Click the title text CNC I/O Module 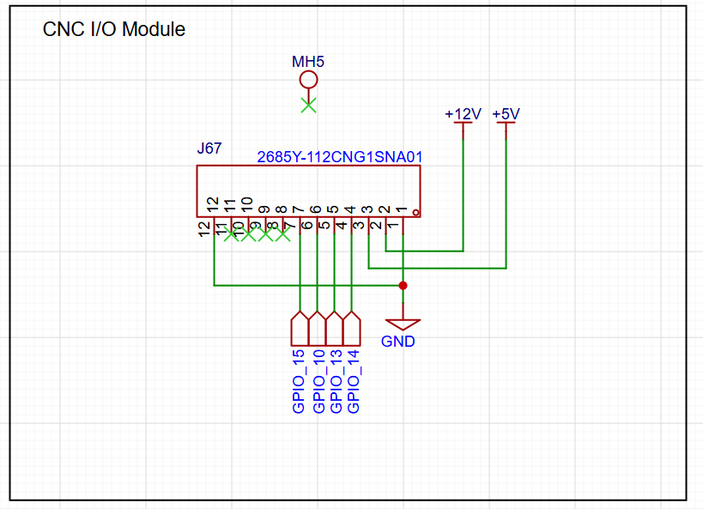tap(114, 29)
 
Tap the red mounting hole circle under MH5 tap(308, 81)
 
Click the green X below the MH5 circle tap(308, 106)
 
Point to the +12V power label tap(463, 113)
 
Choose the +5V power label tap(506, 113)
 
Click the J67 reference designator tap(209, 148)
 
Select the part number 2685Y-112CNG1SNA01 tap(340, 157)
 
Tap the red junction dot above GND tap(403, 285)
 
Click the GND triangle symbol tap(403, 324)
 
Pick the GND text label tap(398, 342)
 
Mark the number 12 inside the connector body tap(212, 204)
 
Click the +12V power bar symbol tap(463, 124)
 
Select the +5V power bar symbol tap(506, 124)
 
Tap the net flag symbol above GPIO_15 tap(300, 328)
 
